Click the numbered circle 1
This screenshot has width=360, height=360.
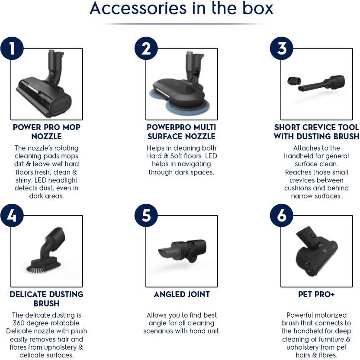pyautogui.click(x=12, y=48)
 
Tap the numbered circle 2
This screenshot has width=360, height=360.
pyautogui.click(x=146, y=48)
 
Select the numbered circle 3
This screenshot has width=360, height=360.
pyautogui.click(x=282, y=48)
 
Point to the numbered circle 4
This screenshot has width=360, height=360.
pyautogui.click(x=12, y=215)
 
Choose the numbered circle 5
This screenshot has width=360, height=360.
pyautogui.click(x=146, y=215)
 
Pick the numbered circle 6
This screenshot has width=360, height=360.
pyautogui.click(x=282, y=215)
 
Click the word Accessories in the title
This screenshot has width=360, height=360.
pyautogui.click(x=138, y=8)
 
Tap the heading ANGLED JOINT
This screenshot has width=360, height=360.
pyautogui.click(x=182, y=294)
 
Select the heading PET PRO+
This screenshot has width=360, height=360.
pyautogui.click(x=316, y=294)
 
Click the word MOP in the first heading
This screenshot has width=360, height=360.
pyautogui.click(x=72, y=127)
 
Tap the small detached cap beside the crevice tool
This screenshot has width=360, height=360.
pyautogui.click(x=294, y=81)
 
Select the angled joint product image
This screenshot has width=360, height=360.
pyautogui.click(x=183, y=250)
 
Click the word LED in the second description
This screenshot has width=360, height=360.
pyautogui.click(x=211, y=156)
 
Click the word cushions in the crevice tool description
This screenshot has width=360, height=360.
pyautogui.click(x=297, y=188)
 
